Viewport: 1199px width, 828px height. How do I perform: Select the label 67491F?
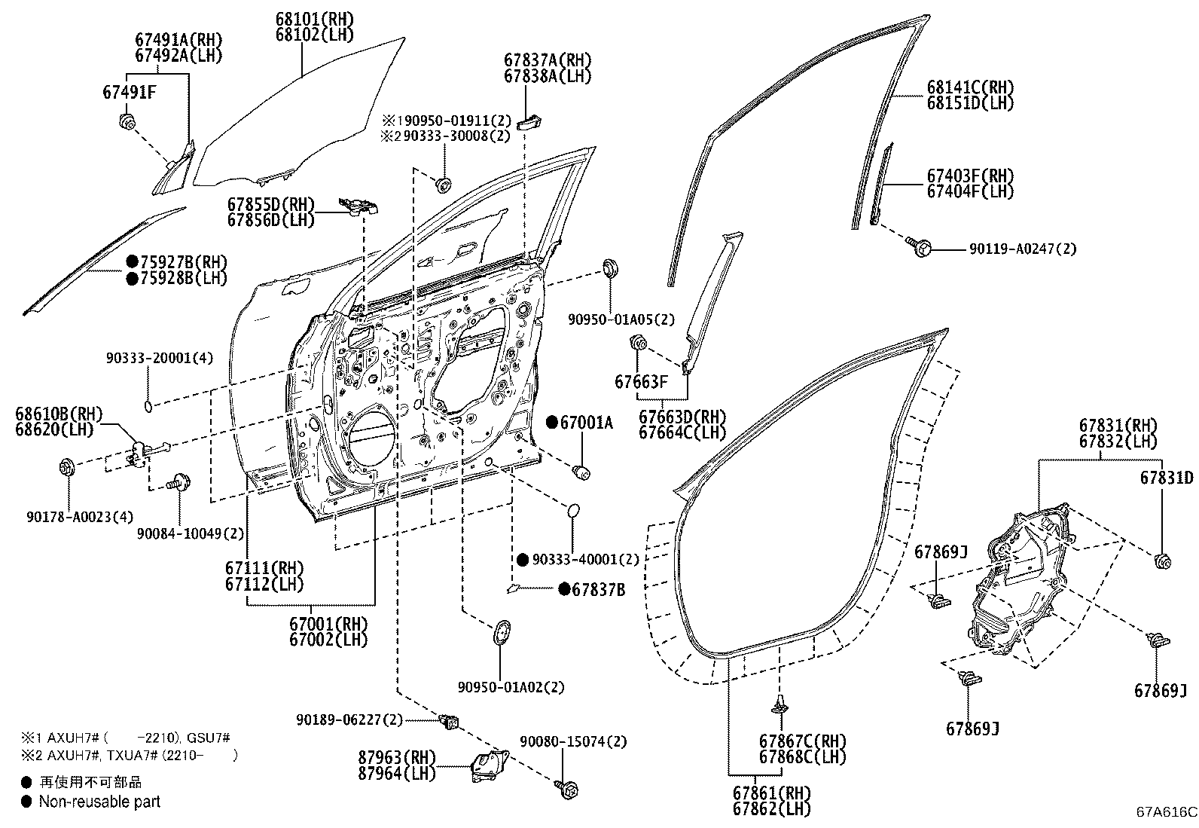coord(129,92)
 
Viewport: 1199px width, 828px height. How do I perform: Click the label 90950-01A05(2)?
coord(622,319)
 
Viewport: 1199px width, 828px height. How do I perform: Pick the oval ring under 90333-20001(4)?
coord(149,407)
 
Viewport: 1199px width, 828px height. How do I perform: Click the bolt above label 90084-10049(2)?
coord(178,481)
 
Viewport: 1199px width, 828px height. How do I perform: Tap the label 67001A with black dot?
coord(586,423)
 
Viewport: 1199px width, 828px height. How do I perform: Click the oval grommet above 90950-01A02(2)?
coord(501,631)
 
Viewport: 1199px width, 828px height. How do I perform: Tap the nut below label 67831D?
coord(1161,561)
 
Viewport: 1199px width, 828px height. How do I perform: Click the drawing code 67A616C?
coord(1166,812)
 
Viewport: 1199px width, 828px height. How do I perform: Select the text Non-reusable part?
coord(99,802)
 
